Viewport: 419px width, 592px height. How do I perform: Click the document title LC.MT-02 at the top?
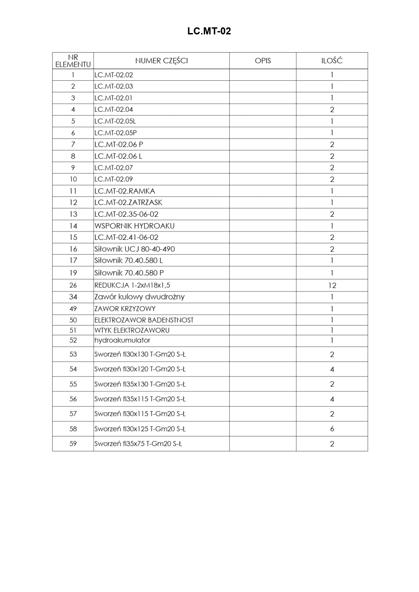tap(209, 31)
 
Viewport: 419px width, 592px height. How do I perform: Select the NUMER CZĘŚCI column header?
tap(161, 61)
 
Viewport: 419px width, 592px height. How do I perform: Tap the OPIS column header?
tap(263, 61)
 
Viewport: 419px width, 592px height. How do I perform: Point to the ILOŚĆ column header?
tap(332, 61)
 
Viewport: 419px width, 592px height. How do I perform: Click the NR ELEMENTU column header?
tap(73, 61)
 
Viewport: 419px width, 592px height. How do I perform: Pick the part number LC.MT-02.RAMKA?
tap(125, 191)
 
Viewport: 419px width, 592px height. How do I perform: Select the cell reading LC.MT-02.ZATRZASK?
tap(128, 202)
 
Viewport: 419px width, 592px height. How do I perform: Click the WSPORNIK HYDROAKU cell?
tap(134, 226)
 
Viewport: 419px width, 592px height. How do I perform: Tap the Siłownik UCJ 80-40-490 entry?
tap(134, 249)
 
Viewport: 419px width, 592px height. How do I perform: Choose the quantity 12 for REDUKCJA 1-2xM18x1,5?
tap(332, 285)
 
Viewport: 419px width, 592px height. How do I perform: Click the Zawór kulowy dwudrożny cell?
tap(139, 297)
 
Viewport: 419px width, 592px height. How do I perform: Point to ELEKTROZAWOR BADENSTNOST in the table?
tap(144, 320)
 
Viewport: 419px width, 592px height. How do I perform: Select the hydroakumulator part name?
tap(122, 340)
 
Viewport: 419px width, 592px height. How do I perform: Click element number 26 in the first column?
tap(73, 285)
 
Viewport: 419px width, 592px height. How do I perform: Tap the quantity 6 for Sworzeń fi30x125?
tap(332, 429)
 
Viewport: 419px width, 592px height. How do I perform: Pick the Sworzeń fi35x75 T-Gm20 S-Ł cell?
tap(138, 444)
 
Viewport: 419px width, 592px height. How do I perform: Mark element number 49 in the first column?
tap(73, 309)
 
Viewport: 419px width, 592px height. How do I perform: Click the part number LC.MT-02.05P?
tap(115, 133)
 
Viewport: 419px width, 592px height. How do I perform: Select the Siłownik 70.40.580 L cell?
tap(129, 260)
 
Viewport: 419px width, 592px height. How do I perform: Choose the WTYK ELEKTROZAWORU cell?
tap(132, 330)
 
